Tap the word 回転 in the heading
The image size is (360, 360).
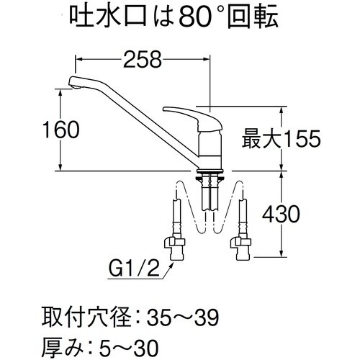[269, 16]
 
